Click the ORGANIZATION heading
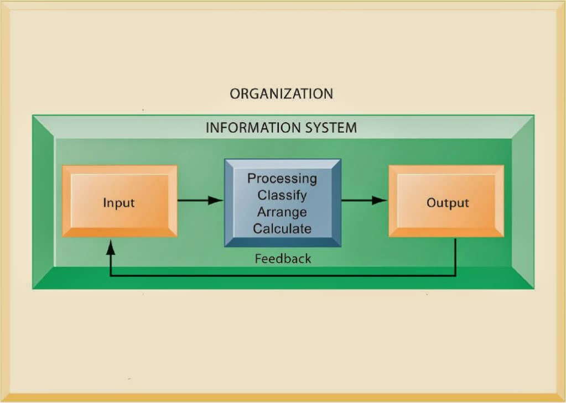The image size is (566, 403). (x=281, y=93)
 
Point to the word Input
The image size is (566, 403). (x=119, y=203)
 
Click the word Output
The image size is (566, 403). (x=448, y=203)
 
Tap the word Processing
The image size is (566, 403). (x=282, y=179)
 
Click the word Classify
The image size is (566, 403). (x=282, y=195)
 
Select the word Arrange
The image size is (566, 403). (x=282, y=212)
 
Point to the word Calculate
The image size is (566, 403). (x=282, y=228)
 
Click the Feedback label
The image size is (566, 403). (x=283, y=258)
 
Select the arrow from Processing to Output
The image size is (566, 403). (x=360, y=200)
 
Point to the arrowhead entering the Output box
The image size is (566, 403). (x=380, y=200)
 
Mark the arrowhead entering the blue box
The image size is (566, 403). (x=216, y=200)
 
